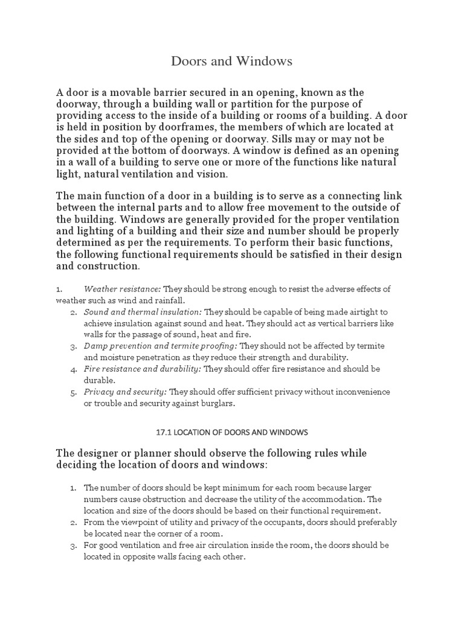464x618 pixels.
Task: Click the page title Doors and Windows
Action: [232, 61]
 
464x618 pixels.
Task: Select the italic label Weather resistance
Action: [123, 289]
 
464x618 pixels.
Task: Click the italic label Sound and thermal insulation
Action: [143, 312]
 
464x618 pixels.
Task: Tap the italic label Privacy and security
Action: [125, 392]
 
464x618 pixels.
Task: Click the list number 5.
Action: [72, 392]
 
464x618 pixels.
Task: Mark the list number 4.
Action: [72, 369]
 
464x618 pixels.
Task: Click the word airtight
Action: [362, 312]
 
